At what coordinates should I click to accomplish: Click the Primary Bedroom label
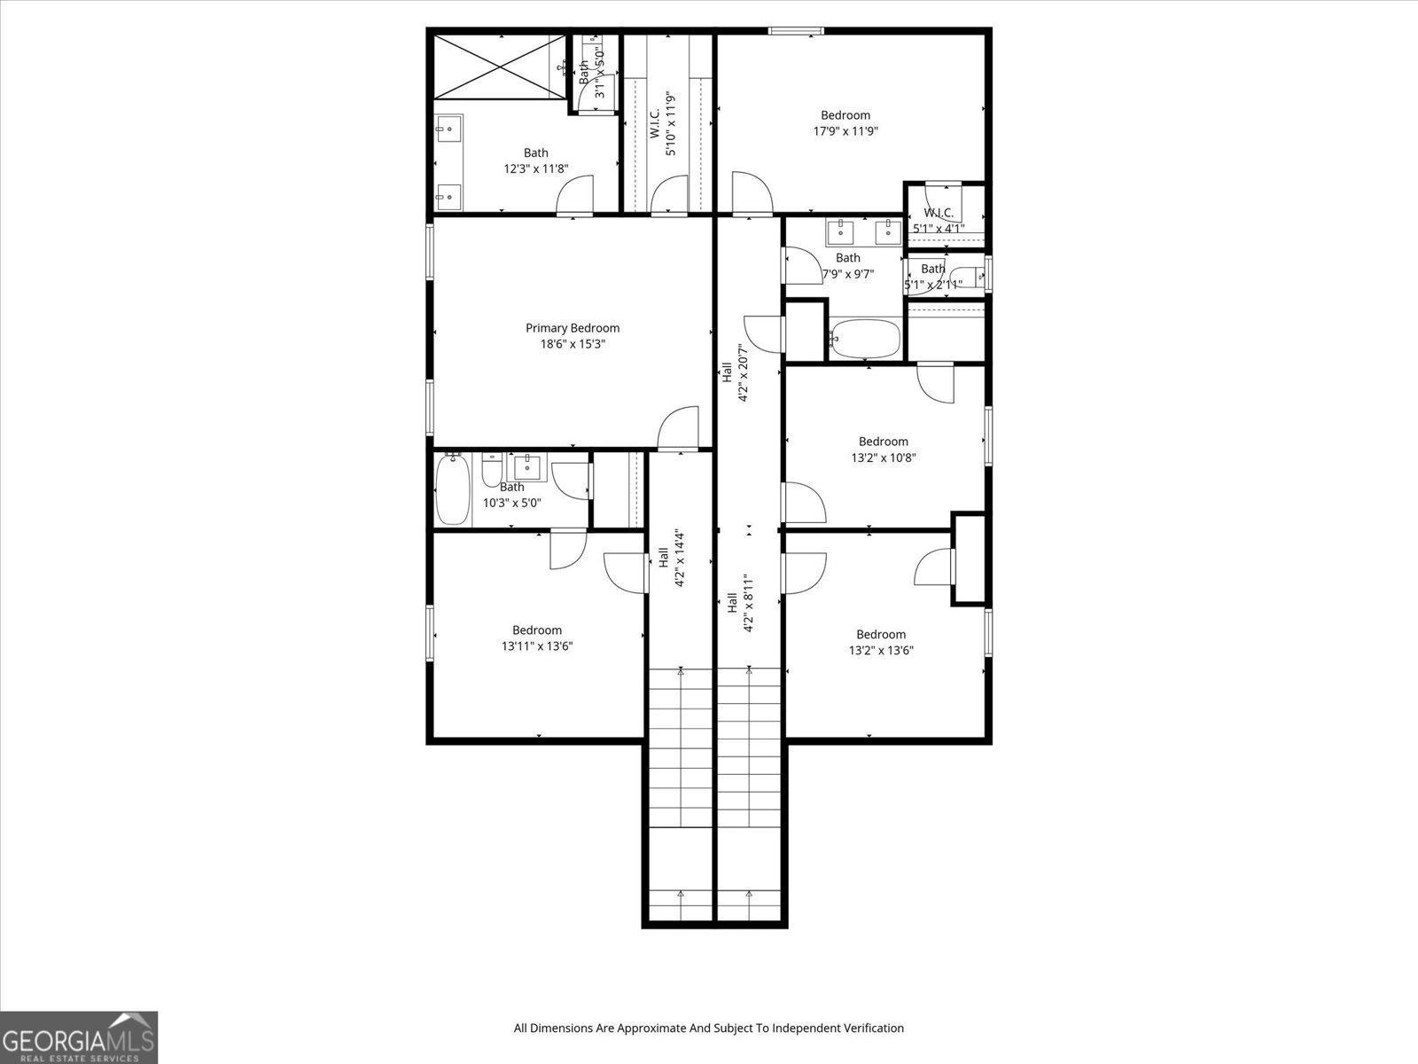pos(573,328)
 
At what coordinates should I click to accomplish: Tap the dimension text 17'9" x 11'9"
pos(845,131)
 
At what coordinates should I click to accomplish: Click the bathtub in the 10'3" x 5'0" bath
pos(454,489)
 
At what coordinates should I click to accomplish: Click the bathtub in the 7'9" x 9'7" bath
pos(866,339)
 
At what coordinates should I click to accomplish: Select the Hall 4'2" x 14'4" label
pos(672,559)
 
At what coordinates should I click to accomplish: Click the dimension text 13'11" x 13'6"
pos(537,646)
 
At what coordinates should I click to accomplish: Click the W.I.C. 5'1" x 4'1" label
pos(939,220)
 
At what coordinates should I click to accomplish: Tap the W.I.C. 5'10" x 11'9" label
pos(662,124)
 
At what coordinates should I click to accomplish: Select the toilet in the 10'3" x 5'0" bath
pos(493,470)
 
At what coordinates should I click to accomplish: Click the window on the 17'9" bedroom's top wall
pos(796,32)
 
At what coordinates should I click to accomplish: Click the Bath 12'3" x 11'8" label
pos(535,160)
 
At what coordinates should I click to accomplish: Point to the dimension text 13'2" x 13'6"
pos(881,650)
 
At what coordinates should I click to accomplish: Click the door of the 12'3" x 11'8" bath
pos(576,195)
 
